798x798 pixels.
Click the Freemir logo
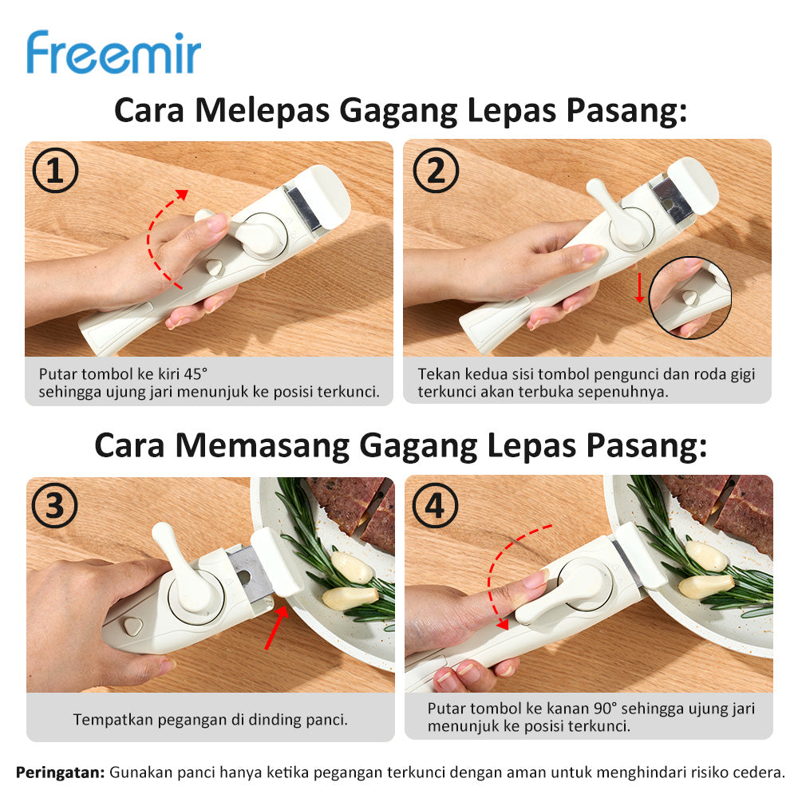[113, 53]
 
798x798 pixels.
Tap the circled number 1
[55, 171]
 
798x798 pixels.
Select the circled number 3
[55, 507]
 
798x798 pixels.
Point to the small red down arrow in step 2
[638, 286]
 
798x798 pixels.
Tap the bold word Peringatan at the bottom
[61, 772]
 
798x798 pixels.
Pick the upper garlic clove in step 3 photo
[352, 567]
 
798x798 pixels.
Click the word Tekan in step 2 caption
[437, 373]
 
